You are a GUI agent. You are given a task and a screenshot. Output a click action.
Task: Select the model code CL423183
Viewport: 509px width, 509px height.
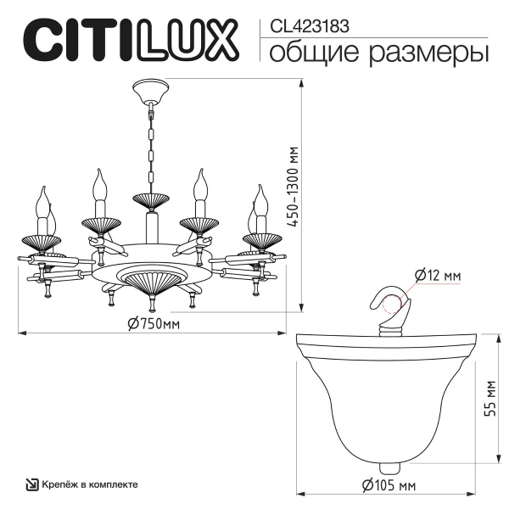[x=309, y=26]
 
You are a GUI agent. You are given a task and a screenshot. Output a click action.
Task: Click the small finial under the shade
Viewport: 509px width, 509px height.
[x=388, y=467]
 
